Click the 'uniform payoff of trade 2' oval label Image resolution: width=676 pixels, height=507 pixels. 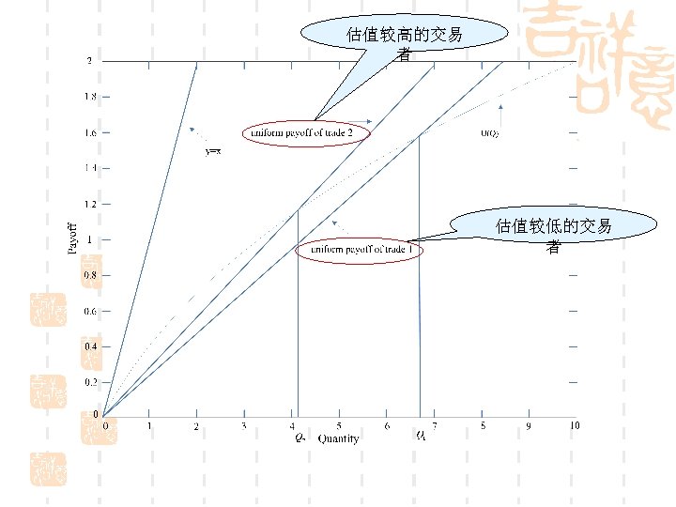point(307,132)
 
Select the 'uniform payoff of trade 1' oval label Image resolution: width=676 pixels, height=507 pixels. point(361,251)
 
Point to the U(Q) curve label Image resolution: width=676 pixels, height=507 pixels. point(490,133)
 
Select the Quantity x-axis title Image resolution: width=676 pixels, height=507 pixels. point(338,438)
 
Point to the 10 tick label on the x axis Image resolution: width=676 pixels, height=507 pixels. point(574,426)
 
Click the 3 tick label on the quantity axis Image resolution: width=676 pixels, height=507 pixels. point(244,426)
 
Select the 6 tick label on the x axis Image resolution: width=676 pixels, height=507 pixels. point(387,426)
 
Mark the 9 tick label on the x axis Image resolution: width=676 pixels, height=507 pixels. point(528,426)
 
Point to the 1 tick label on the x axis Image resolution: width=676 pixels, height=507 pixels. point(149,426)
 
